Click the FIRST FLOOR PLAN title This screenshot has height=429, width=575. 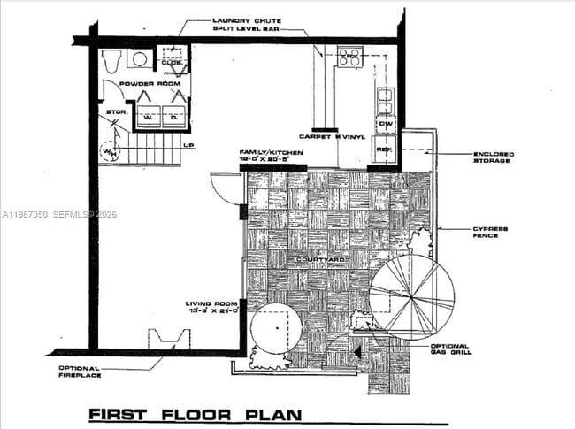(194, 414)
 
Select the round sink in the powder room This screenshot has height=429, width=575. (139, 59)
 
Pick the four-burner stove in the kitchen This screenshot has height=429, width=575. (348, 57)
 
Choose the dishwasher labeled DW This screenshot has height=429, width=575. (385, 124)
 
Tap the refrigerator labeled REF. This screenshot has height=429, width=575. (385, 149)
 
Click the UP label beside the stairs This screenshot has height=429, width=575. (188, 146)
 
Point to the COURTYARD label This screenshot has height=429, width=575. (319, 259)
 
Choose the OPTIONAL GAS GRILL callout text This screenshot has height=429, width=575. (451, 349)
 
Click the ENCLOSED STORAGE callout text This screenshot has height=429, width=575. (492, 158)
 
